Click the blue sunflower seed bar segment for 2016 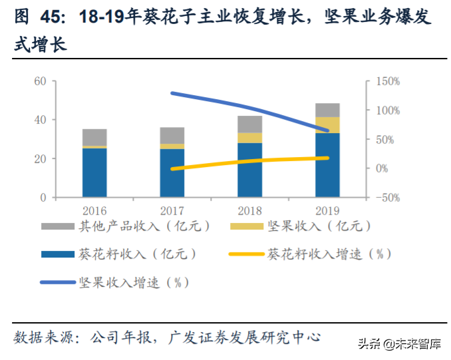94,172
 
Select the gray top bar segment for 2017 172,135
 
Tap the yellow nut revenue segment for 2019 327,124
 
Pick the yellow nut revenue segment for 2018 249,137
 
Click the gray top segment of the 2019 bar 327,110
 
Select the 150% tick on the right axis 387,81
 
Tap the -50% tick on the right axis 387,198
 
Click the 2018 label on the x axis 249,210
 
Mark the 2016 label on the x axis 94,210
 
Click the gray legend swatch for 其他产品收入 59,226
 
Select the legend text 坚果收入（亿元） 318,226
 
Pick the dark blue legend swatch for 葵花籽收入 59,254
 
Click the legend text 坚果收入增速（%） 133,282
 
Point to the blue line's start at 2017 172,93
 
